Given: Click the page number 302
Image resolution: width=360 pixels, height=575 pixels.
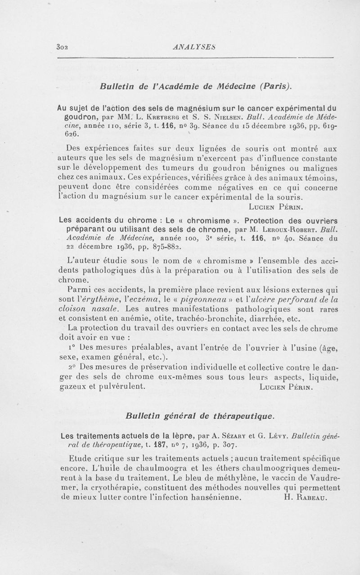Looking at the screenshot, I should [62, 45].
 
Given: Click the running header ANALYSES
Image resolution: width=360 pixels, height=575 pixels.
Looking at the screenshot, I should [195, 45].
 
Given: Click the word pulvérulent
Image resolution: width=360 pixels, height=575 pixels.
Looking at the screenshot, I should [118, 387].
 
